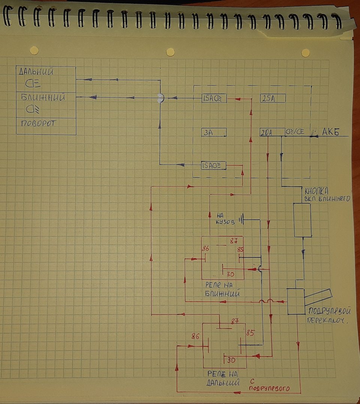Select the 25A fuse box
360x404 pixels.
coord(273,99)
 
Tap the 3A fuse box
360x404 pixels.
coord(214,133)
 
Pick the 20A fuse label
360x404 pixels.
coord(266,132)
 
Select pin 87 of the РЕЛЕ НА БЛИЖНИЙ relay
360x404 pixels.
coord(234,241)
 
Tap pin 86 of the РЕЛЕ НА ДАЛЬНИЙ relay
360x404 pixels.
coord(195,336)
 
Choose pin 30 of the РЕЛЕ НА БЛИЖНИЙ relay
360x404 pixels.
coord(231,274)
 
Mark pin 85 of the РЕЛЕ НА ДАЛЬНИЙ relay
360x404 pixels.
coord(250,333)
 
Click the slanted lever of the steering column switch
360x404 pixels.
coord(318,297)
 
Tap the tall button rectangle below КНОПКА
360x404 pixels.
coord(302,220)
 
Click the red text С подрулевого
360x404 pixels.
coord(270,385)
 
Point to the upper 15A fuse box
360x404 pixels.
coord(214,99)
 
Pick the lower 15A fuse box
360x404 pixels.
coord(213,165)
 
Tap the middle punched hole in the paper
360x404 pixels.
coord(170,52)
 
